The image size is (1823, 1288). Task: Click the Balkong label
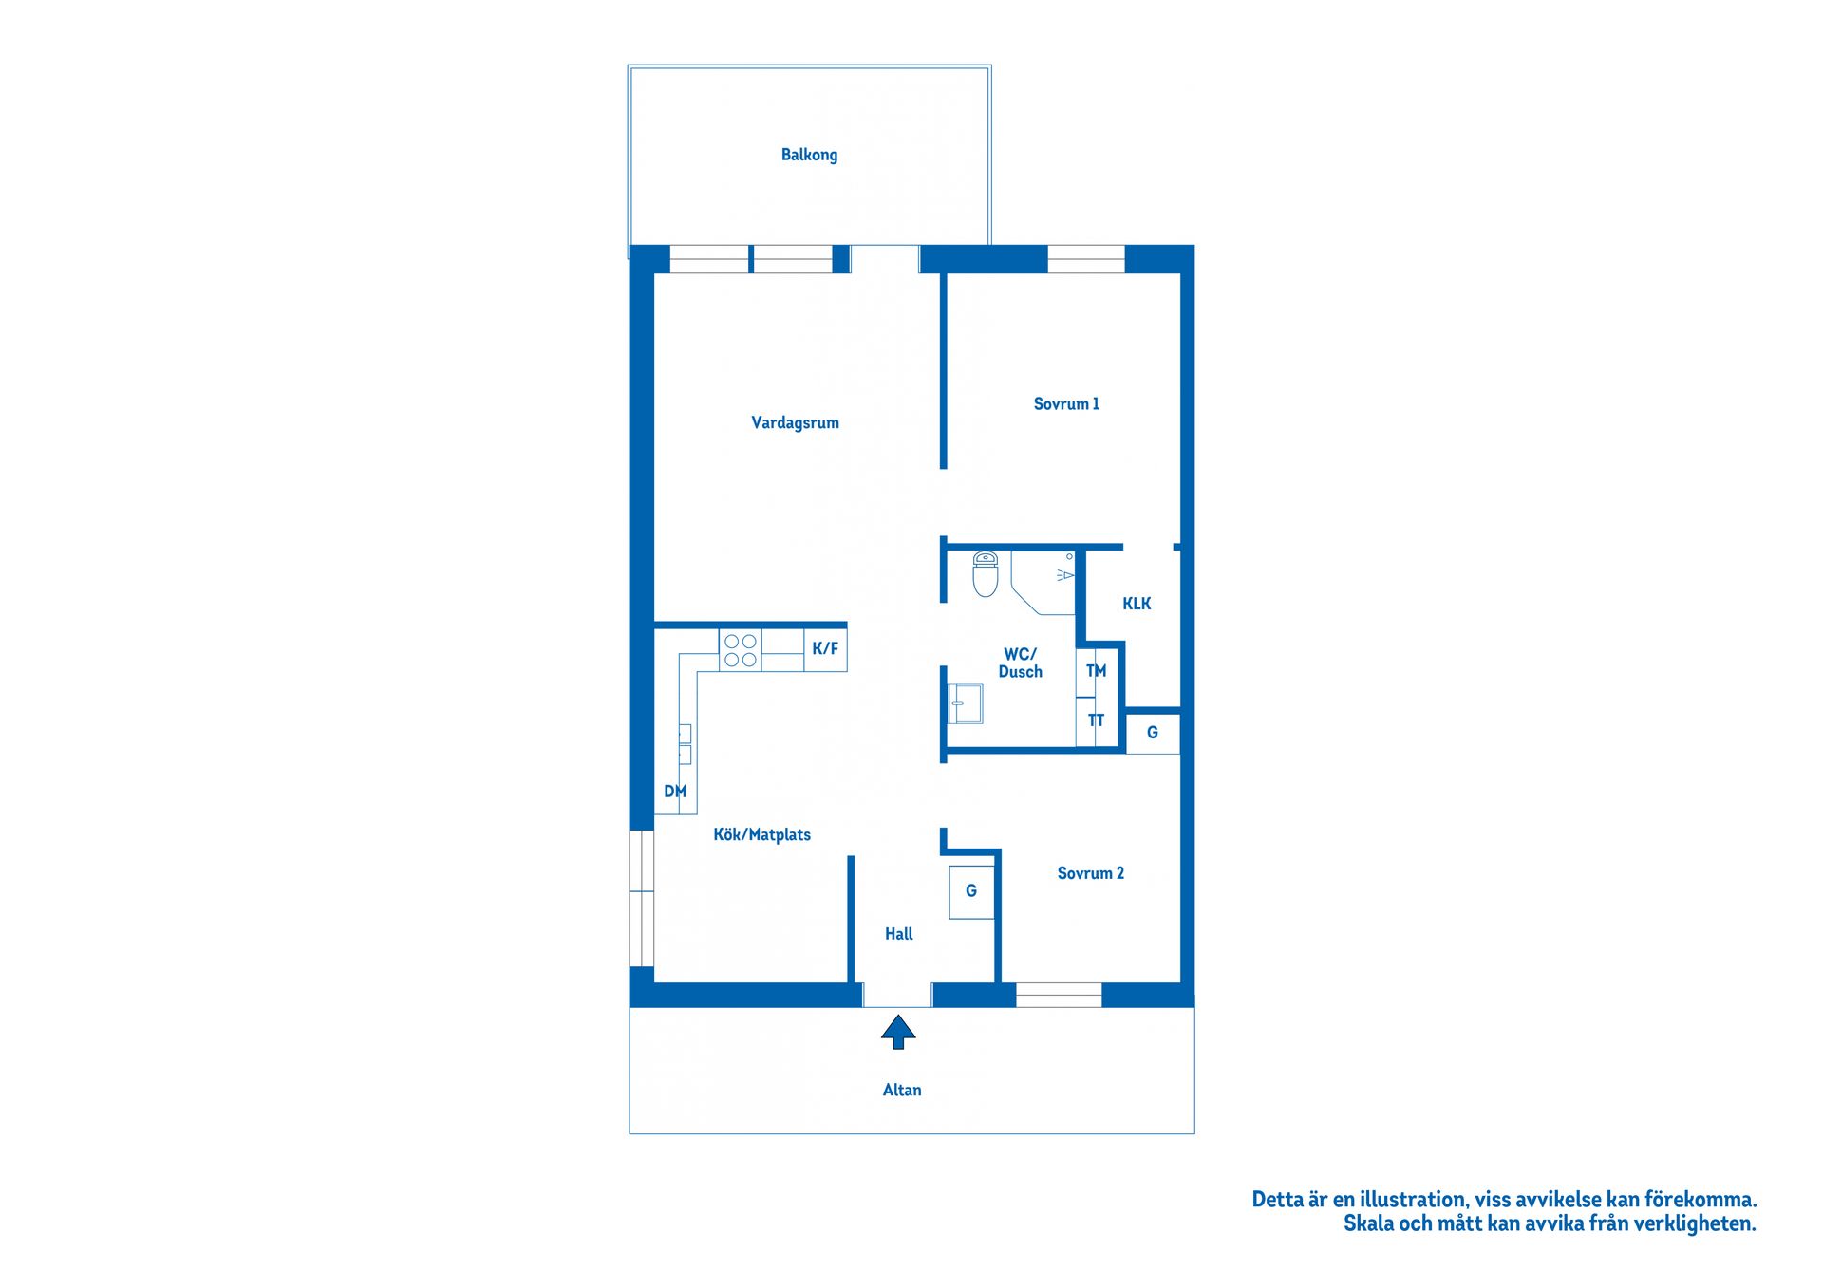coord(809,155)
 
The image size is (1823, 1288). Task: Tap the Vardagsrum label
coord(795,422)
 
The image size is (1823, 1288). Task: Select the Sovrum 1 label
coord(1066,403)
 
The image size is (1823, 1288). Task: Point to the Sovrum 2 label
coord(1090,873)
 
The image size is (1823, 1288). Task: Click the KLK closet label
coord(1137,604)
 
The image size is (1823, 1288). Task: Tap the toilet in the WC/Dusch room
coord(986,575)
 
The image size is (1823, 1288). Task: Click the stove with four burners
coord(741,650)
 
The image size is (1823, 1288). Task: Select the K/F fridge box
coord(825,649)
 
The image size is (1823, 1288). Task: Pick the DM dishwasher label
coord(675,792)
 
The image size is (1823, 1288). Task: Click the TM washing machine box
coord(1097,671)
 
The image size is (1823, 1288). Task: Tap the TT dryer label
coord(1097,720)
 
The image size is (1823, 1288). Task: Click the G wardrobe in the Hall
coord(971,891)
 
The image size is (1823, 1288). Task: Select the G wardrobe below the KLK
coord(1153,733)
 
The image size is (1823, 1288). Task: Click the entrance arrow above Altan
coord(898,1031)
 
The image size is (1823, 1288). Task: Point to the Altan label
coord(902,1090)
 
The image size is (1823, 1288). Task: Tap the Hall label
coord(898,934)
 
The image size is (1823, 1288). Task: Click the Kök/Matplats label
coord(761,835)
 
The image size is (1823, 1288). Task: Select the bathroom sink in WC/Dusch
coord(966,704)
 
